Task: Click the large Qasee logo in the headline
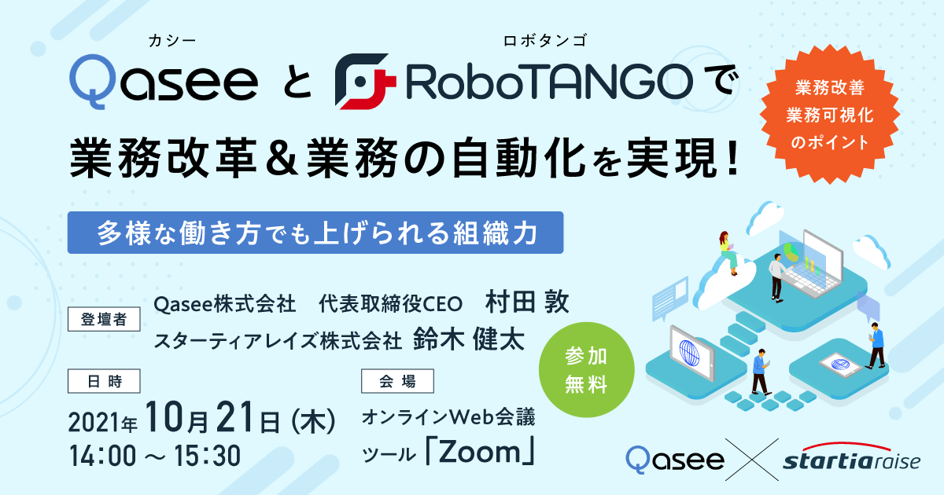[164, 82]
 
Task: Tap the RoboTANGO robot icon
[365, 81]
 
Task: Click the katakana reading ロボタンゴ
[545, 41]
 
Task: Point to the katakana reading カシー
[172, 41]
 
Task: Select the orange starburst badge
[830, 115]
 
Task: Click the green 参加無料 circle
[587, 369]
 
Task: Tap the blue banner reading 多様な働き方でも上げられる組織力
[315, 233]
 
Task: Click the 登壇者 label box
[104, 319]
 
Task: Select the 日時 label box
[104, 381]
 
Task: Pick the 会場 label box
[397, 381]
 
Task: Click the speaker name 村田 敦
[527, 302]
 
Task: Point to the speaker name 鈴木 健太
[469, 339]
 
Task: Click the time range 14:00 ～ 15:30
[155, 456]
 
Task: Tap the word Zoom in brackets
[480, 452]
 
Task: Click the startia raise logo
[852, 457]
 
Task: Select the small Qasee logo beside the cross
[675, 460]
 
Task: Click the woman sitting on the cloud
[728, 252]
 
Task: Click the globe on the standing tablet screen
[689, 352]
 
